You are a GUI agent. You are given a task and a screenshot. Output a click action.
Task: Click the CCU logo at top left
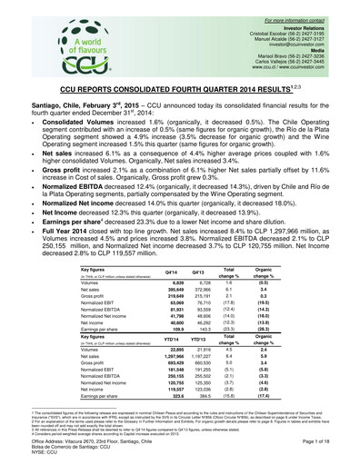(85, 46)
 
